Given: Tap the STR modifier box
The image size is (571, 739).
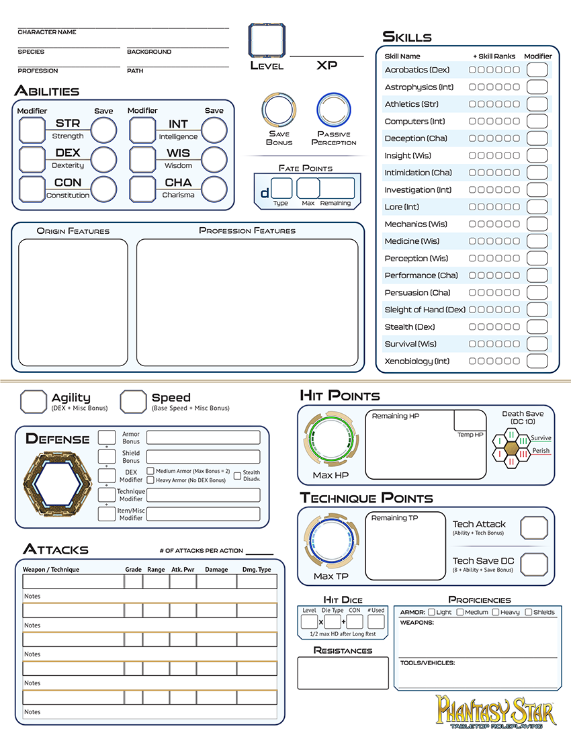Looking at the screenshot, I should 32,130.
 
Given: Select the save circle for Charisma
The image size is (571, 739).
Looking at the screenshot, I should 214,189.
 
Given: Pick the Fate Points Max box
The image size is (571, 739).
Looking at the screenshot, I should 308,189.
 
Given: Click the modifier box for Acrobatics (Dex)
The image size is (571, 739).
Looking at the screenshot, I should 537,70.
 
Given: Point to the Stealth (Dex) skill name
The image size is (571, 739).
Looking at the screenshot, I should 409,327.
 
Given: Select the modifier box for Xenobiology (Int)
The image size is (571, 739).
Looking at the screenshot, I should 537,361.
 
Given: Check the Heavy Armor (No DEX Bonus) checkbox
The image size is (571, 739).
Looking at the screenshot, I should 150,480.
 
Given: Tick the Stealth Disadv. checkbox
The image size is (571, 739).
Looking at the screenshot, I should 237,476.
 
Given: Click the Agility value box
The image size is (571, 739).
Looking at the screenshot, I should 34,401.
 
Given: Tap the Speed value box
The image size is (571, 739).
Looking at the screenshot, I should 133,401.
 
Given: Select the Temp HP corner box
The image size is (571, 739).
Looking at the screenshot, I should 469,421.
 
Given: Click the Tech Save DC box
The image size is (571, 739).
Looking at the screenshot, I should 534,564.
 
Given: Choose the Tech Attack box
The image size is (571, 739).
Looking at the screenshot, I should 534,528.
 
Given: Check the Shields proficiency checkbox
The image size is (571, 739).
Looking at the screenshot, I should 529,612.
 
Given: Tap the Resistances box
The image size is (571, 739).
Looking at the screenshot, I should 343,673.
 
